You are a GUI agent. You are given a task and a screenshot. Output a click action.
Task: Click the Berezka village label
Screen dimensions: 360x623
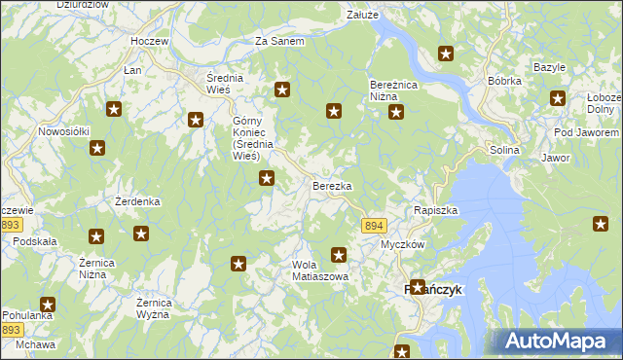(332, 185)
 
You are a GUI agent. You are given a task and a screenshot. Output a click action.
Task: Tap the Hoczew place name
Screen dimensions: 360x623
(151, 43)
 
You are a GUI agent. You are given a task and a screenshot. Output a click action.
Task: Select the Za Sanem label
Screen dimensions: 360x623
(279, 42)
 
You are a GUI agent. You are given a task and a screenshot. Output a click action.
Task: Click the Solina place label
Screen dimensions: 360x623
(505, 150)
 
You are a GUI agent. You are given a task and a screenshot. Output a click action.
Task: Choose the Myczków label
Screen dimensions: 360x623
(402, 244)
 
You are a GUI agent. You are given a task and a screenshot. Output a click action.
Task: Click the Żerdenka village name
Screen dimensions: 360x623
(137, 201)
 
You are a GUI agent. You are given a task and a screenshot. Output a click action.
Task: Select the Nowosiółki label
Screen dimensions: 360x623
(64, 131)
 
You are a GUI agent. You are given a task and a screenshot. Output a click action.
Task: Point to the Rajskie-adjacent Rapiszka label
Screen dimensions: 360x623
(435, 210)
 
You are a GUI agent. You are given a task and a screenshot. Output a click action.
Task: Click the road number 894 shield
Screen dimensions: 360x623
(373, 226)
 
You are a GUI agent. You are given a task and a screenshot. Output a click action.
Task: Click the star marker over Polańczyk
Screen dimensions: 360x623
(418, 287)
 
